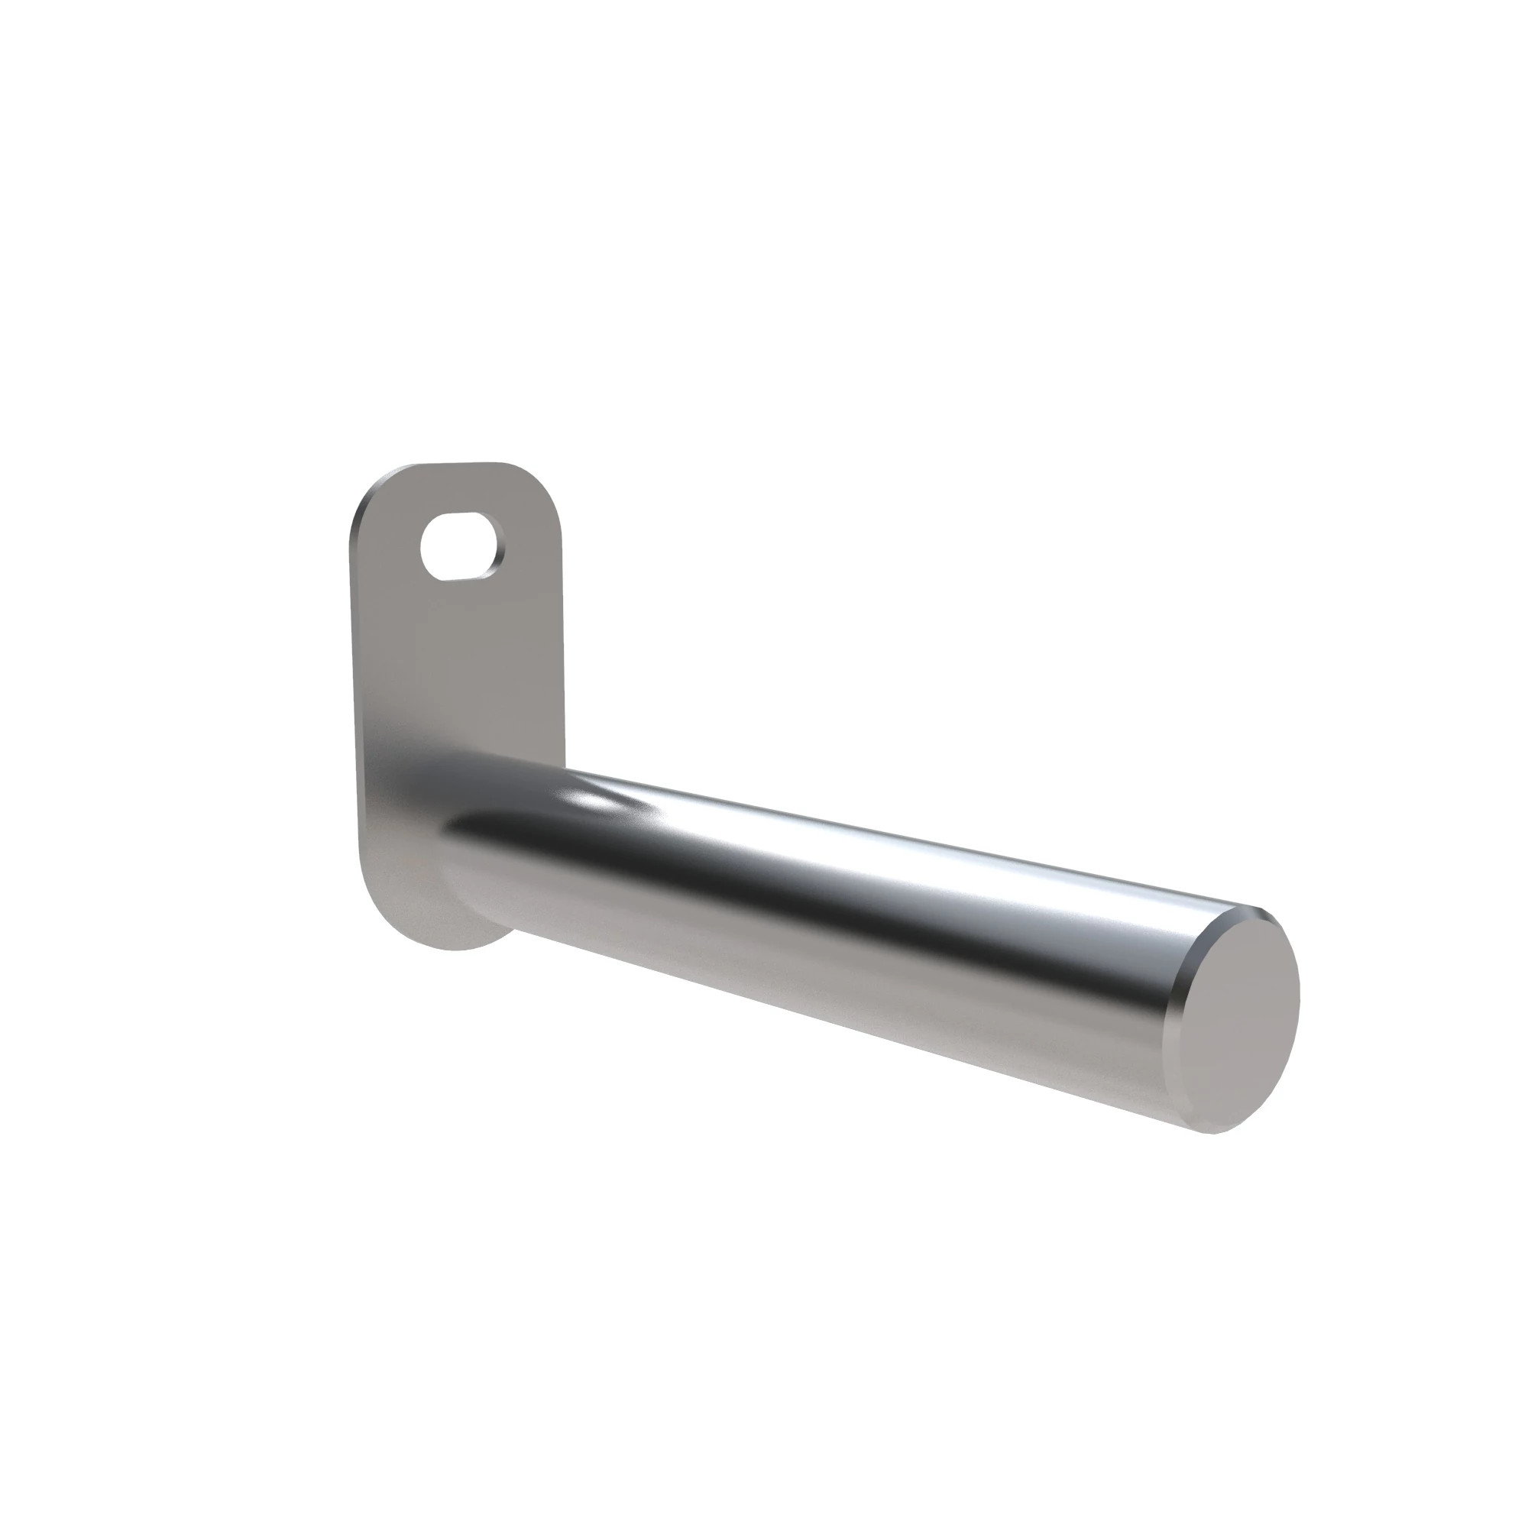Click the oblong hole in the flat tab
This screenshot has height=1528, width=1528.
coord(458,545)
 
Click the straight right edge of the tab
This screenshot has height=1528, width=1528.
coord(564,633)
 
